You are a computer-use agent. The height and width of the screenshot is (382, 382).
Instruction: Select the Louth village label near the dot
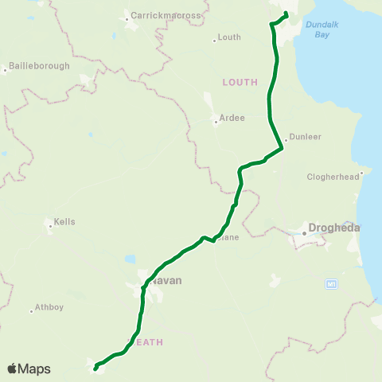[x=229, y=37]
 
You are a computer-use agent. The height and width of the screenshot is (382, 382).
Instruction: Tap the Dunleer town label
[x=306, y=137]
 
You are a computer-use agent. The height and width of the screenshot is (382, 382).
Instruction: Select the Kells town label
[x=64, y=222]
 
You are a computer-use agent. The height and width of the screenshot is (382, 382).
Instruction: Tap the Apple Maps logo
[x=29, y=368]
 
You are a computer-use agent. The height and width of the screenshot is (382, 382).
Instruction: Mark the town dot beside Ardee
[x=216, y=122]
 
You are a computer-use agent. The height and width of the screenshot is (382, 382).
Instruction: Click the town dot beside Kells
[x=50, y=226]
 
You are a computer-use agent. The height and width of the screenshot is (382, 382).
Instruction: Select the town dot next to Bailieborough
[x=5, y=70]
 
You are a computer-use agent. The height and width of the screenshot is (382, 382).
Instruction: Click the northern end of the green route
[x=286, y=13]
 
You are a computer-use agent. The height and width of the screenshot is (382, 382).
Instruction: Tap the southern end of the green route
[x=95, y=368]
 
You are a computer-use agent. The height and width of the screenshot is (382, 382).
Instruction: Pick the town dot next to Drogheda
[x=304, y=233]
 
